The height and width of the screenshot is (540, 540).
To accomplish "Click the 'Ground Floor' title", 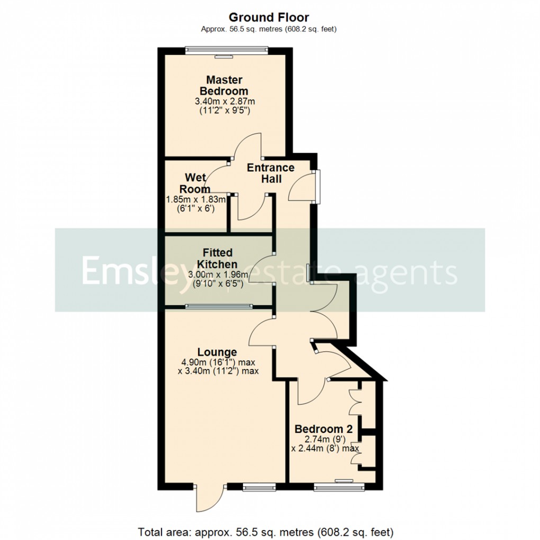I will tap(269, 17).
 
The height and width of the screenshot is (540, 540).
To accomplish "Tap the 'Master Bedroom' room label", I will tap(224, 85).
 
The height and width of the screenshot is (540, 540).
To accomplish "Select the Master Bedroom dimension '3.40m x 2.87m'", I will tap(224, 101).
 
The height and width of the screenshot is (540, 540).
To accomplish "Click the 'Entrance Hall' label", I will tap(271, 173).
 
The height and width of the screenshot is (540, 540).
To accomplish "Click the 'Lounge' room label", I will tap(217, 352).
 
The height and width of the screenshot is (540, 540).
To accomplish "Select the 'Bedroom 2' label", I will tap(324, 428).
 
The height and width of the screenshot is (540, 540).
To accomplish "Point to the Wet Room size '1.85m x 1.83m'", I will tap(196, 200).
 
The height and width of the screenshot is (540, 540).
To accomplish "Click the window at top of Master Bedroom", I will tap(227, 51).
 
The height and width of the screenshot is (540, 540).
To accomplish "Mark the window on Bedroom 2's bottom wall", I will tap(338, 484).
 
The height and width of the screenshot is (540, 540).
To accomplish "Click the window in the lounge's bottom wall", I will tap(259, 485).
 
